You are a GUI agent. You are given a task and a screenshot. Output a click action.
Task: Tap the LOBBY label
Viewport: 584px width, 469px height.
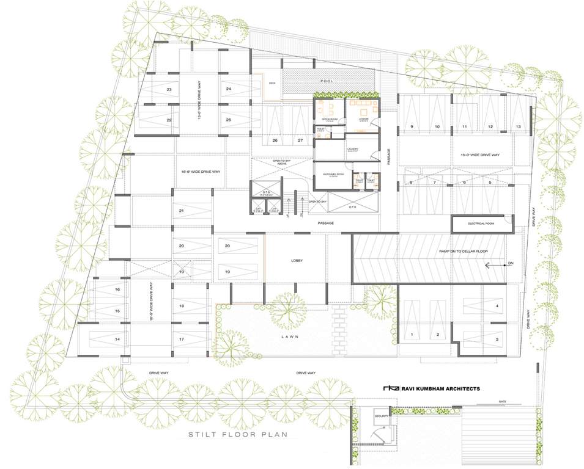[297, 261]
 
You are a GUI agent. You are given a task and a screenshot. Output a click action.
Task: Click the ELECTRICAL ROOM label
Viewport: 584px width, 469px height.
[481, 224]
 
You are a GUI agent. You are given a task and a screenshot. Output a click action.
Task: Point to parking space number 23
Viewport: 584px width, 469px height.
[169, 90]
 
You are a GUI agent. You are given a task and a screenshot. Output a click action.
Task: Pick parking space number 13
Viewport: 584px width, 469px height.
[518, 126]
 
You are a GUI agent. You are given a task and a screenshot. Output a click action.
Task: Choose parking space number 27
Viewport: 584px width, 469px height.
[300, 140]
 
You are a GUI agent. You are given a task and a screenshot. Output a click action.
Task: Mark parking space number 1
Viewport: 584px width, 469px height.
[412, 335]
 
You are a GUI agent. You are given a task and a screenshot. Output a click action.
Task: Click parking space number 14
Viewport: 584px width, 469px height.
[117, 339]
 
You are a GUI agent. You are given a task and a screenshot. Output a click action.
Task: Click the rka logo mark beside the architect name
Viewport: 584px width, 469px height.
[390, 388]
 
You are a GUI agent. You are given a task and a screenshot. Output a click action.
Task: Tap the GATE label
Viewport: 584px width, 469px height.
[503, 402]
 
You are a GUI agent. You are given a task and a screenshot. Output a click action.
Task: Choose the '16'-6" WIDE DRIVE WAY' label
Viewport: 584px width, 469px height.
[201, 173]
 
